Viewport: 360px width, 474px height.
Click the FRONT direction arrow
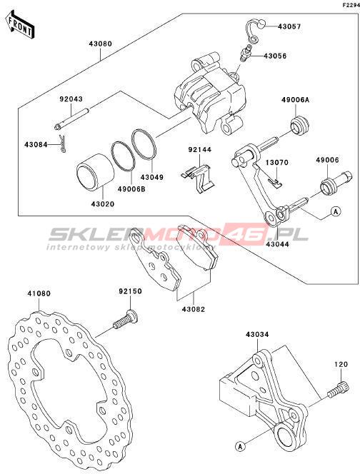click(19, 24)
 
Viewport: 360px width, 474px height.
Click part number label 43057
click(289, 26)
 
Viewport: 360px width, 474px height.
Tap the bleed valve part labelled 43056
click(245, 53)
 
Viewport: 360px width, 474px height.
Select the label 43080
click(100, 44)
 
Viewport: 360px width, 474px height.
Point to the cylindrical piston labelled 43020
click(95, 172)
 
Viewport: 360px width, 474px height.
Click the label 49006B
click(131, 190)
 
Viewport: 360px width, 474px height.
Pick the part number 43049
click(151, 178)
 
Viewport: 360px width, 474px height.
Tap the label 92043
click(71, 99)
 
